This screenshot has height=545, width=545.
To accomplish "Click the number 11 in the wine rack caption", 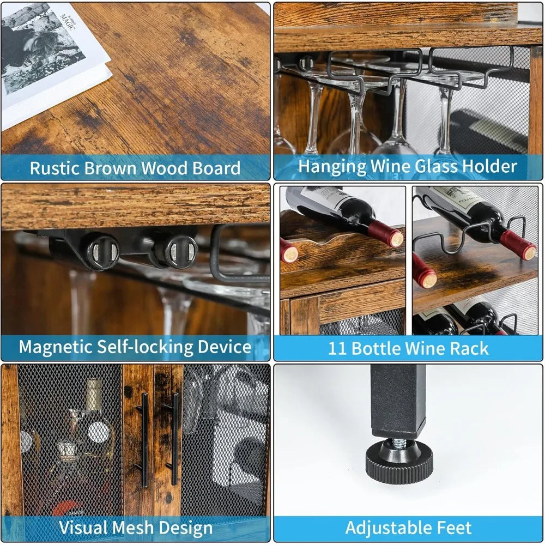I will coord(338,348).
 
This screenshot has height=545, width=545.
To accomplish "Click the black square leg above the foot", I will coord(398,398).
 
